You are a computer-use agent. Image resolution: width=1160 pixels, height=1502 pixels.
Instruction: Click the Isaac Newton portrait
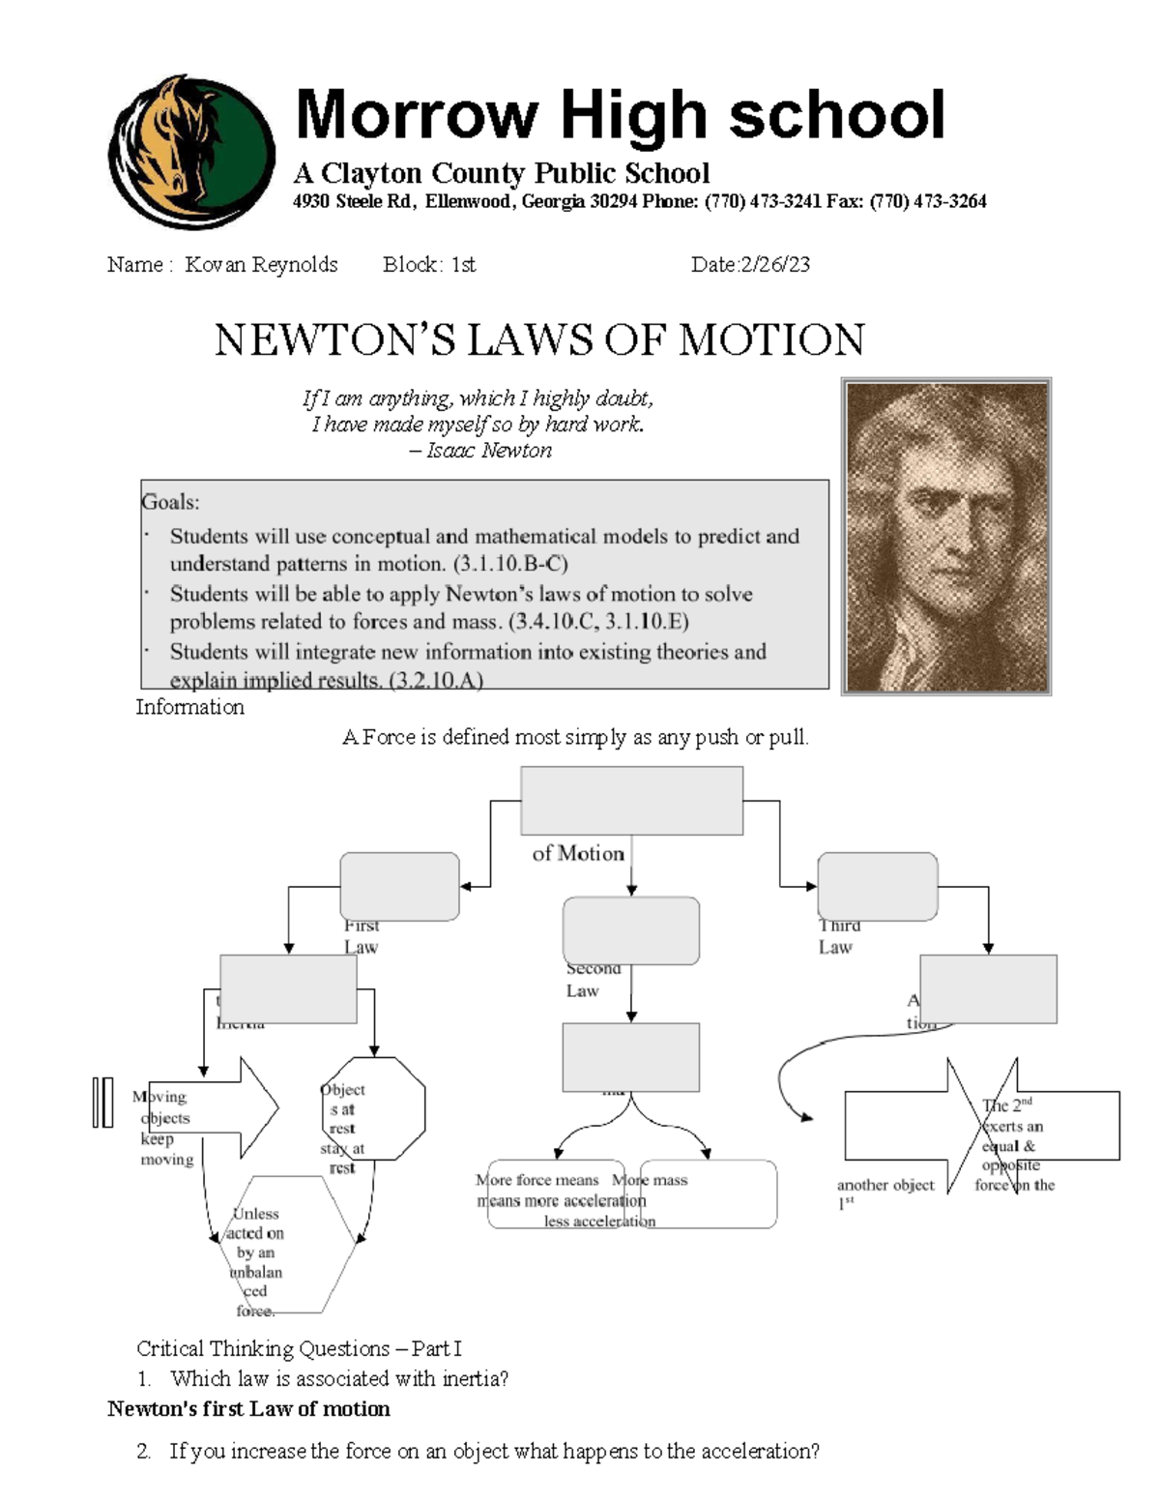[x=946, y=536]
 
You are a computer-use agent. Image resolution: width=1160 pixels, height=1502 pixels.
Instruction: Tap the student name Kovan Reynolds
[x=261, y=265]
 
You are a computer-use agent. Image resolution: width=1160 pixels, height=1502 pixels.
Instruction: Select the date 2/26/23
[x=774, y=265]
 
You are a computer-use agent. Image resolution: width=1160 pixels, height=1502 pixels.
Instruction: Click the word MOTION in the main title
[x=770, y=340]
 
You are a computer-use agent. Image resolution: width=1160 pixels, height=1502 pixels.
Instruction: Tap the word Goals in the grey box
[x=170, y=502]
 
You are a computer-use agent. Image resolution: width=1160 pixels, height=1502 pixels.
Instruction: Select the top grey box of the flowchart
[x=631, y=800]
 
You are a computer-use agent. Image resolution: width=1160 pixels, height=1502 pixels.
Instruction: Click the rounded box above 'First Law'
[x=399, y=886]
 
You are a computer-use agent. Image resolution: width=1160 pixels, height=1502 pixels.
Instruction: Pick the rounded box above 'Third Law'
[x=877, y=886]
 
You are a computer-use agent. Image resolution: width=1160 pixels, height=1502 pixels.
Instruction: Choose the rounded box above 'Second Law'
[x=630, y=929]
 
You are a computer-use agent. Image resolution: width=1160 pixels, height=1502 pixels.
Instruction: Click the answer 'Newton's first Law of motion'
[x=248, y=1409]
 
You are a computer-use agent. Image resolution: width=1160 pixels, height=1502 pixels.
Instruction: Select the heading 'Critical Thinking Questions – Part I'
[x=299, y=1348]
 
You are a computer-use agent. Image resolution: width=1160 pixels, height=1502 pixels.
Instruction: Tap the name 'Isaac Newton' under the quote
[x=489, y=451]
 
